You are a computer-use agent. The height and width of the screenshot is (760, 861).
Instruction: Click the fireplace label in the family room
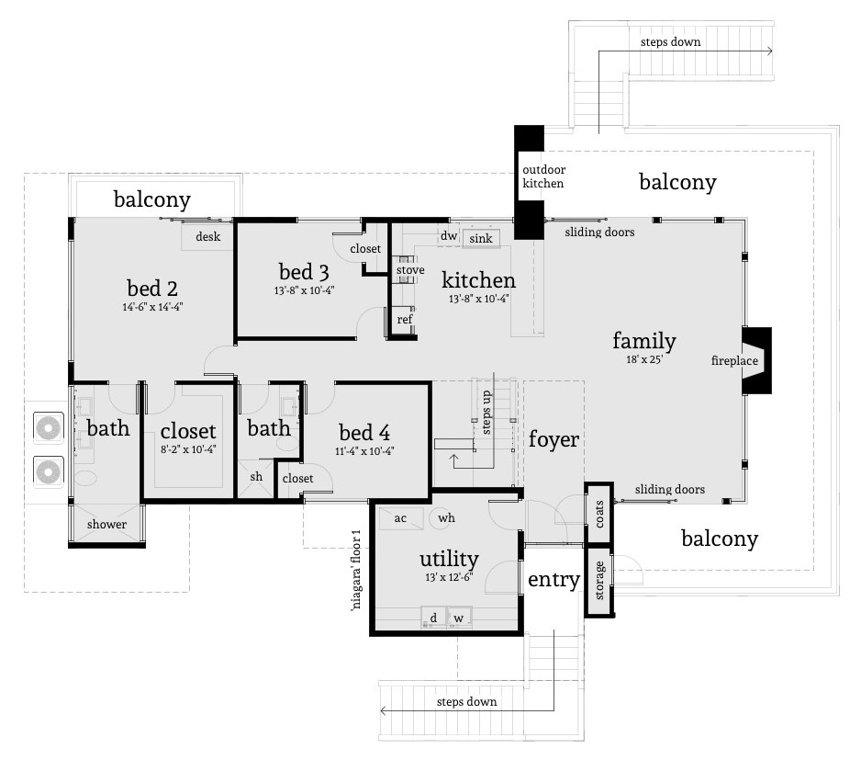(x=734, y=361)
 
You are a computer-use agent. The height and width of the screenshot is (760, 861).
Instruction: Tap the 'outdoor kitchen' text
(x=543, y=176)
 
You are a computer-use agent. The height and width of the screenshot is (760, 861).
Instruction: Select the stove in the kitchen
(x=409, y=271)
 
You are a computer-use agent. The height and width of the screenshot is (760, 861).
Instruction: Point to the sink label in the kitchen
(x=480, y=239)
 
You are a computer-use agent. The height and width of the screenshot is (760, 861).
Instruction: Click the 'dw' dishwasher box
(x=448, y=236)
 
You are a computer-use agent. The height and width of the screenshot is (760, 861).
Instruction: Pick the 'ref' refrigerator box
(x=404, y=319)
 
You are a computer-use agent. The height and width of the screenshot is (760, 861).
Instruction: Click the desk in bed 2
(x=207, y=237)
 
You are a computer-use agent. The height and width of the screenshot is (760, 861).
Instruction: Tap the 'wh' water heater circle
(x=446, y=518)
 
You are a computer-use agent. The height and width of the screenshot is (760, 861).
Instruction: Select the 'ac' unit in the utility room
(x=400, y=517)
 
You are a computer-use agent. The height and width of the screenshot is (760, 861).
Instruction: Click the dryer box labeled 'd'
(x=433, y=618)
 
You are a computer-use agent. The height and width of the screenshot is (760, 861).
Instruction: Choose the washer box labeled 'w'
(x=458, y=618)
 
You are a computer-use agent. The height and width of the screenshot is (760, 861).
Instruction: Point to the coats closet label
(x=599, y=514)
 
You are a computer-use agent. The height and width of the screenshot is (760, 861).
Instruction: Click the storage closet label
(x=599, y=581)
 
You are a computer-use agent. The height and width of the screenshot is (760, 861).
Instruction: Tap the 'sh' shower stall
(x=255, y=477)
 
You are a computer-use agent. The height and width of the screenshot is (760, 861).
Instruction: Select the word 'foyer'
(x=553, y=439)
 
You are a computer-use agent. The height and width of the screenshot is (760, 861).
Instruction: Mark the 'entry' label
(x=553, y=580)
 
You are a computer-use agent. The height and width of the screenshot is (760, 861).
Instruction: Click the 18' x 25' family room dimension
(x=644, y=361)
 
